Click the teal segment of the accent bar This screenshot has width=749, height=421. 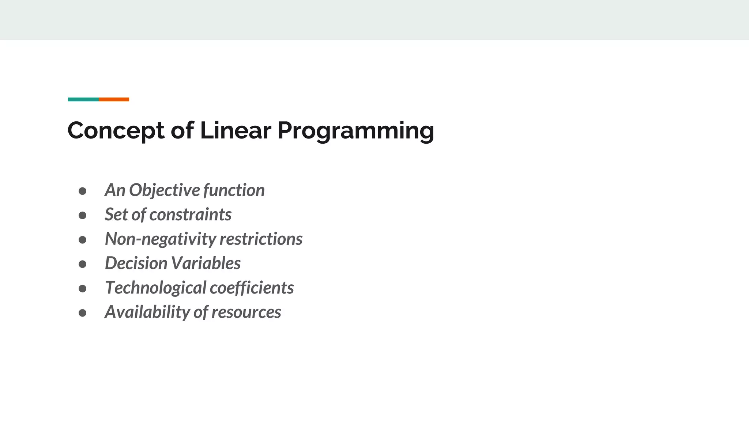83,99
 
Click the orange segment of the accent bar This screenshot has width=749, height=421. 114,99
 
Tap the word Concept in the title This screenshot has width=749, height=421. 116,131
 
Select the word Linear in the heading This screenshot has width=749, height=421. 235,130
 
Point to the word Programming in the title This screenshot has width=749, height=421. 355,131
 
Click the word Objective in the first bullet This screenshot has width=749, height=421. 164,190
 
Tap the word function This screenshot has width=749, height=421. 234,190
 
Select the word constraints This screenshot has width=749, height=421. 190,215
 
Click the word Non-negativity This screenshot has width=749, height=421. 161,239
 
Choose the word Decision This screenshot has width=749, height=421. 136,263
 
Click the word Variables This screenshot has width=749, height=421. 206,263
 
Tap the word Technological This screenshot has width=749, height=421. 155,288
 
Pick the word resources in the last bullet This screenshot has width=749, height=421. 246,312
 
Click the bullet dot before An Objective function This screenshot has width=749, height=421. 82,191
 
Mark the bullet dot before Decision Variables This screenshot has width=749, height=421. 82,264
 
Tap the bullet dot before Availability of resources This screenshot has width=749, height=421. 82,313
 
